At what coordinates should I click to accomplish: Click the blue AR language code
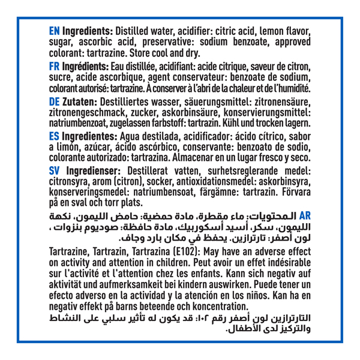pyautogui.click(x=305, y=214)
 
